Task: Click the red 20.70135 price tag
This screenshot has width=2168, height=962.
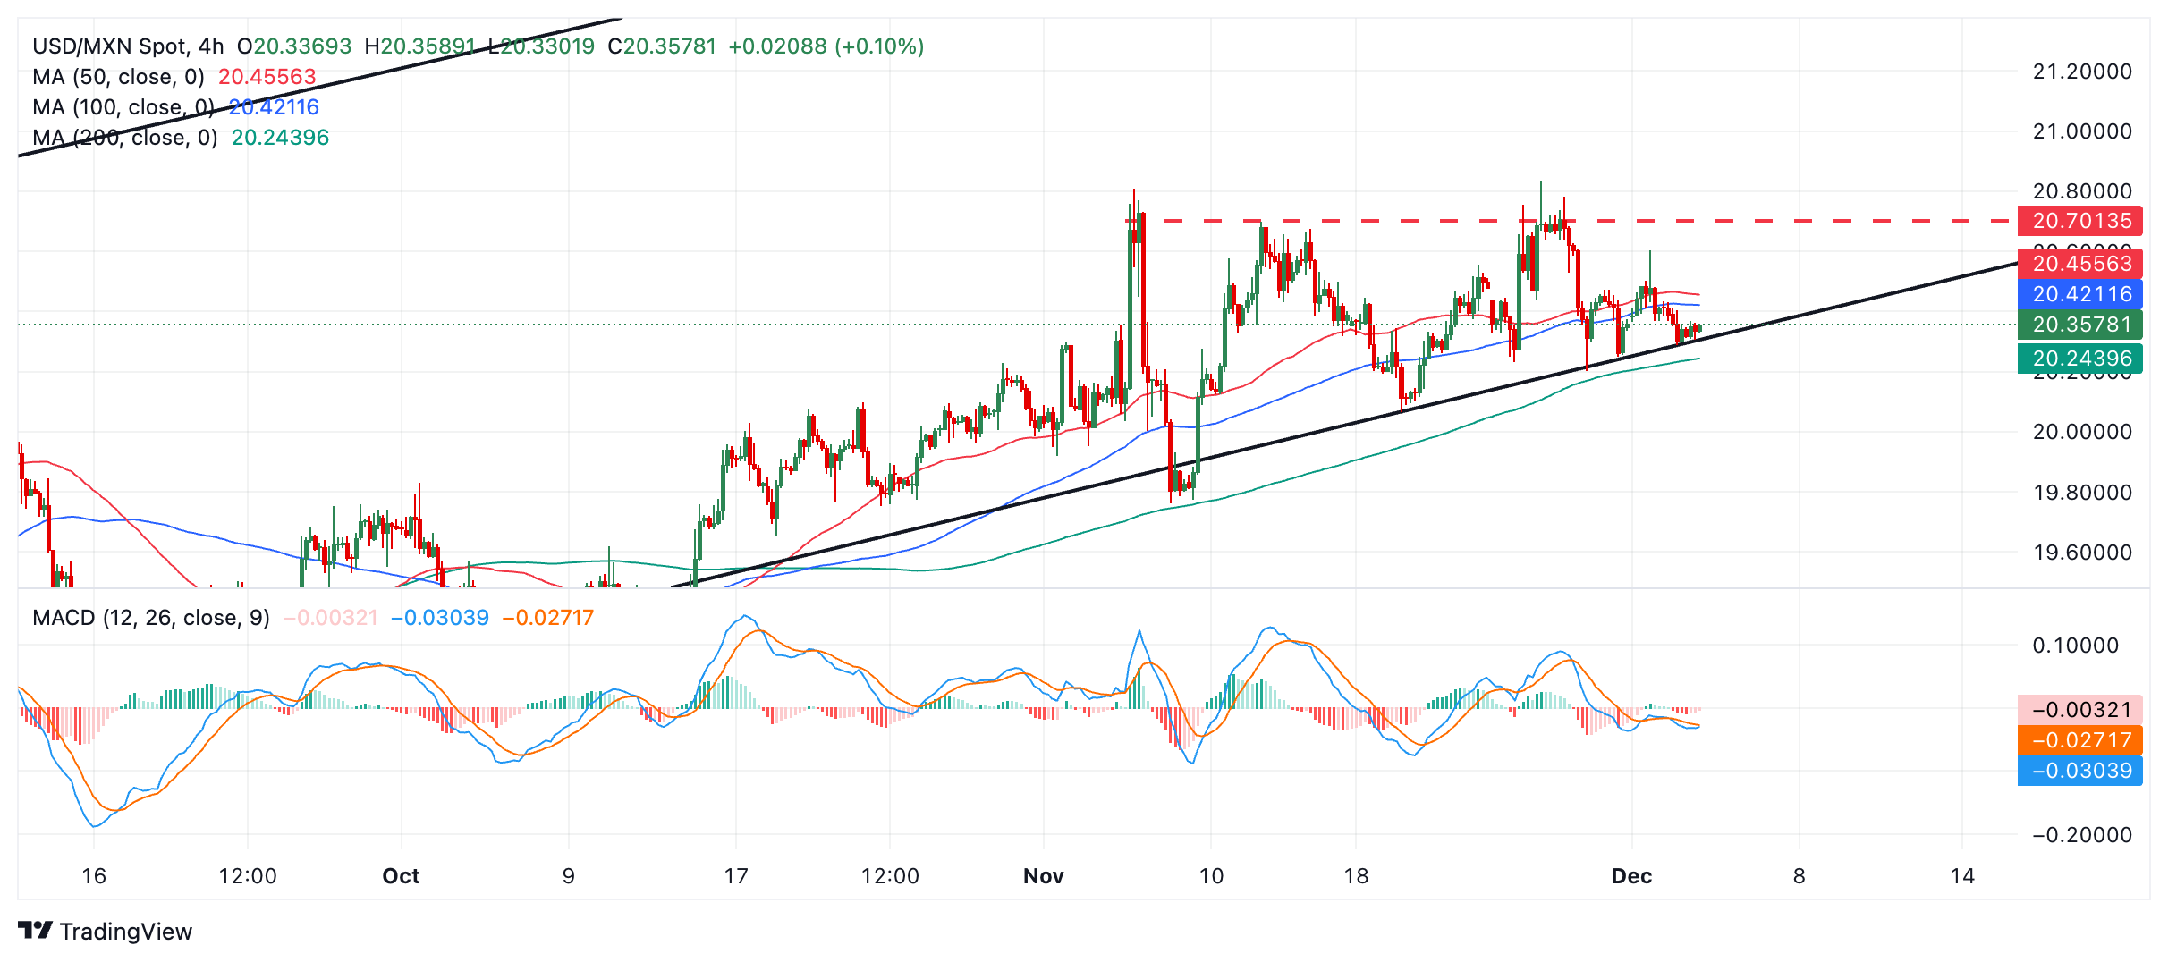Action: (2080, 221)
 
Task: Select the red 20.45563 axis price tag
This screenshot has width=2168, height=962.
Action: (2080, 264)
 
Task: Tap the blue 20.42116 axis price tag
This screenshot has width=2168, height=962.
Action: (2080, 294)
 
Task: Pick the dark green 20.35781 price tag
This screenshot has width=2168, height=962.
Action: (2080, 325)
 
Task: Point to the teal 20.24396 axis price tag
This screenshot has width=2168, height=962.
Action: (2080, 359)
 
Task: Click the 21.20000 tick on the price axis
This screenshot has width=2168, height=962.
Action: (2082, 72)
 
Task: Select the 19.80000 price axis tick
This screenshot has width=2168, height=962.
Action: (2082, 493)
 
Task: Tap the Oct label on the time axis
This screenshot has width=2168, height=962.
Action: (401, 876)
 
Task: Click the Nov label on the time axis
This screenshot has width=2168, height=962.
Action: (1043, 876)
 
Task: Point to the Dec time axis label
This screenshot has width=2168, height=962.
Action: (1631, 876)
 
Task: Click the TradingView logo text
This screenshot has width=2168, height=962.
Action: (125, 932)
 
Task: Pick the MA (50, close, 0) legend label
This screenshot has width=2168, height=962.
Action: (118, 77)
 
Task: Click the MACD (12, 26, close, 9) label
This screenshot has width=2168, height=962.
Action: (150, 618)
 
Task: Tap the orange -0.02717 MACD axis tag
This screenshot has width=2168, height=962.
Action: (2080, 740)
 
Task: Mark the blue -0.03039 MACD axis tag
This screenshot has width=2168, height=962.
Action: (2080, 771)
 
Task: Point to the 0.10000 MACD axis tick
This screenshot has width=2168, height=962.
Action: (2075, 646)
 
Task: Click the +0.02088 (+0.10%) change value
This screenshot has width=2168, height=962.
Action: (826, 46)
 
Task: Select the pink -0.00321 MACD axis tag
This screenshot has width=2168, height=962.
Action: (2080, 710)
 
